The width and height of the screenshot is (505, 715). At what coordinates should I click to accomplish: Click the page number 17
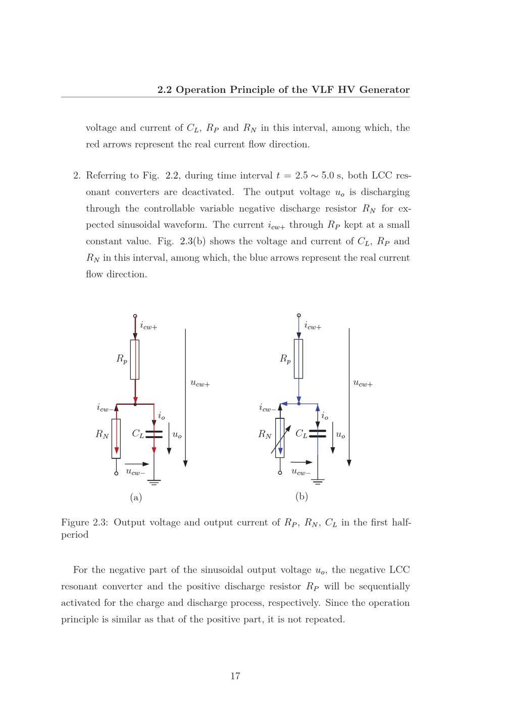tap(235, 676)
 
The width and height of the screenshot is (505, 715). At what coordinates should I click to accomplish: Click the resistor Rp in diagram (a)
tap(135, 359)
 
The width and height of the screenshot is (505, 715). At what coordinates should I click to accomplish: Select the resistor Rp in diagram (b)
tap(298, 359)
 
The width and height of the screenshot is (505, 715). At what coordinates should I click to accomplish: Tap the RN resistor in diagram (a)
tap(116, 438)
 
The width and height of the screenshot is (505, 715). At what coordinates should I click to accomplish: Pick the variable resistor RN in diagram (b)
tap(280, 438)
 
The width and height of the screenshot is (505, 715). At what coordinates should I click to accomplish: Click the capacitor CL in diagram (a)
tap(154, 434)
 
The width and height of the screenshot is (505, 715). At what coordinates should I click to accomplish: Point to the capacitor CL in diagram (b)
tap(317, 434)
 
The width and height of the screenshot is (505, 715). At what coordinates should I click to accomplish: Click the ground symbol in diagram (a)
tap(154, 482)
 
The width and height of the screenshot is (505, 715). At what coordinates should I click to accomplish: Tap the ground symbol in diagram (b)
tap(318, 481)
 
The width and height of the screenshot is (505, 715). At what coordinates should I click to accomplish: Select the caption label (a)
tap(136, 498)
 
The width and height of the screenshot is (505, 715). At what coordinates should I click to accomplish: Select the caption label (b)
tap(301, 497)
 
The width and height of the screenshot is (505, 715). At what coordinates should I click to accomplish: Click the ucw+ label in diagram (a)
tap(200, 384)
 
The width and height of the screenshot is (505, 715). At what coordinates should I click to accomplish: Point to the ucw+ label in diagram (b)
tap(363, 384)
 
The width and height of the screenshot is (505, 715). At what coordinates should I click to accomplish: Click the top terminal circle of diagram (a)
tap(135, 316)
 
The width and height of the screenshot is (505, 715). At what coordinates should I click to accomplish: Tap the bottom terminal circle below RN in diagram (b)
tap(280, 473)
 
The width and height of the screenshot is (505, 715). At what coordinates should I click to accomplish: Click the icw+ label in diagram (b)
tap(313, 327)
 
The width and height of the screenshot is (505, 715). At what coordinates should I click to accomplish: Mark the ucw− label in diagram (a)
tap(135, 472)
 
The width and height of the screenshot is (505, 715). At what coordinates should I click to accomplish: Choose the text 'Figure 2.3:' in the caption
tap(84, 522)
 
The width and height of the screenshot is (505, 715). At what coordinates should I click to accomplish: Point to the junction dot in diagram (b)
tap(299, 404)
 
